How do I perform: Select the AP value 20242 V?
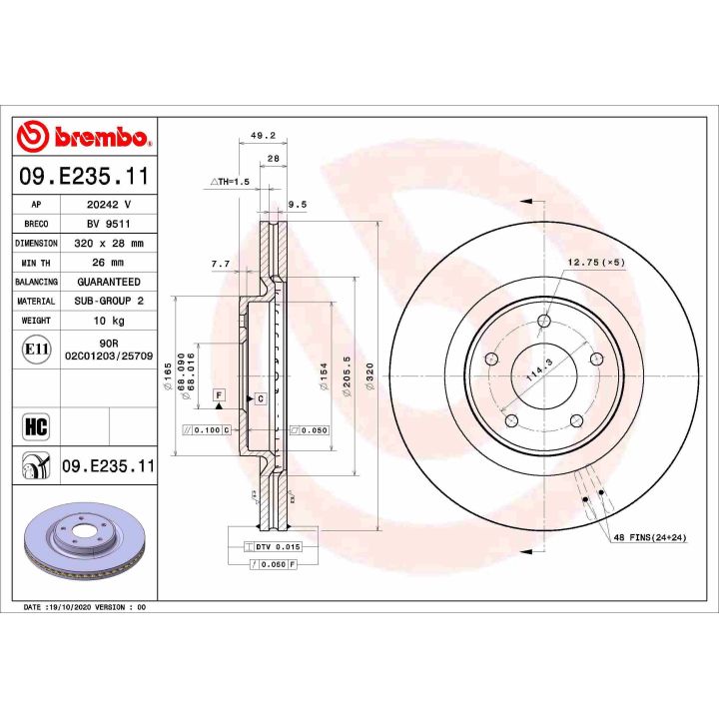109,203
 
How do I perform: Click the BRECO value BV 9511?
109,223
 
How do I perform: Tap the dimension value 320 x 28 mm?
109,243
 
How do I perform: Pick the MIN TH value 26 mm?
109,263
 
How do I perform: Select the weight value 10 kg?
109,321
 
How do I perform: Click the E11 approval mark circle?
35,350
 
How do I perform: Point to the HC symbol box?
35,426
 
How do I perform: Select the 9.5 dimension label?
296,204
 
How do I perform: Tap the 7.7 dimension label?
221,264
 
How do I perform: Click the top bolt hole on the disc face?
543,321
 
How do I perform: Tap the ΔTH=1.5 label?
231,181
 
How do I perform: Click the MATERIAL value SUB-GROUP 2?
109,301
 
